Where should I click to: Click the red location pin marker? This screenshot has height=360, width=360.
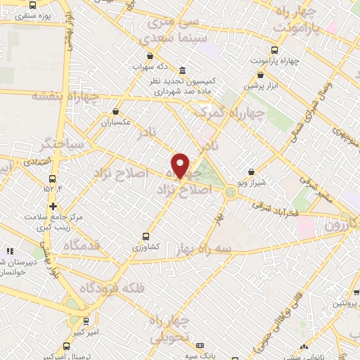click(x=180, y=165)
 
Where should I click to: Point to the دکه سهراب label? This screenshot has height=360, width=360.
click(x=149, y=67)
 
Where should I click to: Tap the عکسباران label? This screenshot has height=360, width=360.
click(x=116, y=122)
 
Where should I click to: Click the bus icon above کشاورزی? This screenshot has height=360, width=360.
click(x=146, y=237)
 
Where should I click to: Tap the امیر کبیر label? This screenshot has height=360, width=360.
click(x=85, y=330)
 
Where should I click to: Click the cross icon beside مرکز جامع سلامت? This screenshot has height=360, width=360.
click(x=53, y=206)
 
